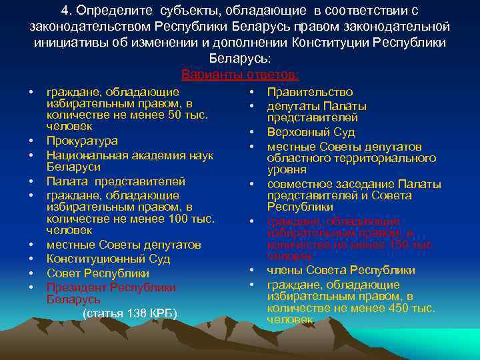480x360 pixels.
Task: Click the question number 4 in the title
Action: (64, 11)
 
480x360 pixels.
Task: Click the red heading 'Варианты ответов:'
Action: (240, 73)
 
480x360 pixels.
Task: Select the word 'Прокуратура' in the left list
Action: (82, 141)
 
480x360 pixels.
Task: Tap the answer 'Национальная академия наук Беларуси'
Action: (129, 161)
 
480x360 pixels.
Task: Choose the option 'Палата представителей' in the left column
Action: (116, 181)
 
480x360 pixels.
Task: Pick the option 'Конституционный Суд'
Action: (108, 259)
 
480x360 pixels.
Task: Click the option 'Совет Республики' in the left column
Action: (97, 273)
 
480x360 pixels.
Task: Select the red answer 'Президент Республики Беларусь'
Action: (111, 293)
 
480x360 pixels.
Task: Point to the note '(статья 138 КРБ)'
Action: (129, 313)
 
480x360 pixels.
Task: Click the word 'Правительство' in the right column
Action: (310, 92)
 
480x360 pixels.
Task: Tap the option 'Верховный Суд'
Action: (311, 132)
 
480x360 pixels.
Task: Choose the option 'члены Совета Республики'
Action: (341, 270)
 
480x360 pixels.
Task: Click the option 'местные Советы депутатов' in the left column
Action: (123, 245)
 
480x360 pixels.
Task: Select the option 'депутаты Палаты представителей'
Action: (317, 112)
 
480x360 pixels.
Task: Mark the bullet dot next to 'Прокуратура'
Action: (31, 141)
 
